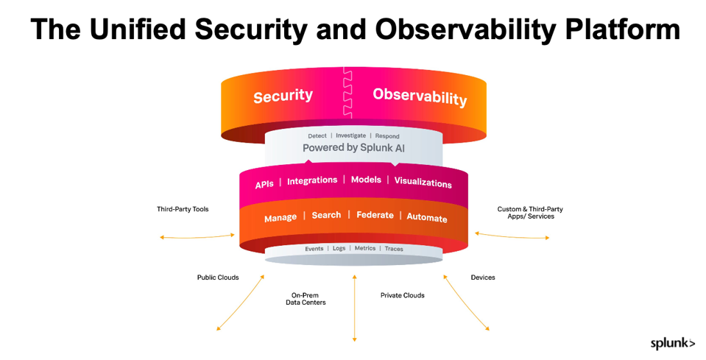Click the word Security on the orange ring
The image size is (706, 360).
pos(283,96)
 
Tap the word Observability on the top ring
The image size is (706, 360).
pos(420,96)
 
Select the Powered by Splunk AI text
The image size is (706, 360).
pos(353,148)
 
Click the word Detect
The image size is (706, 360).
pos(317,136)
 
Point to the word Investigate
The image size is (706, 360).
pos(350,136)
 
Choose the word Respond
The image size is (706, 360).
pos(387,136)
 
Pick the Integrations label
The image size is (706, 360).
pos(312,180)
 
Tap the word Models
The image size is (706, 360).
pos(366,180)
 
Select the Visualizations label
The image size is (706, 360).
pos(423,183)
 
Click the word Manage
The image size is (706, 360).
pos(280,218)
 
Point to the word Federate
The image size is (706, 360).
pos(375,215)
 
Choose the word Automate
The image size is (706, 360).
pos(427,218)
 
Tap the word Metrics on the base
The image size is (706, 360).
pos(365,249)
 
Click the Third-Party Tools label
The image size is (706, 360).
pos(183,209)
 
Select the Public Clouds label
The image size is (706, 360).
pos(218,278)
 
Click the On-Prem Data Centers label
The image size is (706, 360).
pos(306,299)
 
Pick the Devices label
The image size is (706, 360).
pos(483,278)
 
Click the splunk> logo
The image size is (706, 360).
pos(672,343)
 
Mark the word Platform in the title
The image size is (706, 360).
pos(612,29)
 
